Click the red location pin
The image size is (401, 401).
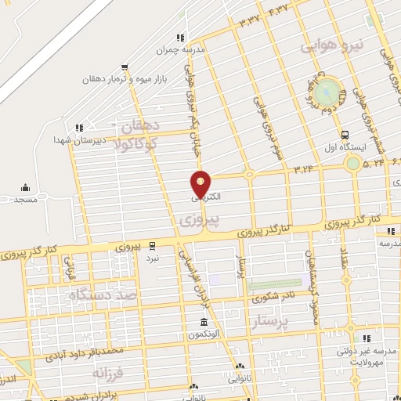200,183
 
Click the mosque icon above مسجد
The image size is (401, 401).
25,187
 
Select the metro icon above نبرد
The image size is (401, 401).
153,245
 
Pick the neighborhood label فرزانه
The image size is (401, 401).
109,373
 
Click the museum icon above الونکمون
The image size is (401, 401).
204,323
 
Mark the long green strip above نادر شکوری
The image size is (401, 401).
274,284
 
